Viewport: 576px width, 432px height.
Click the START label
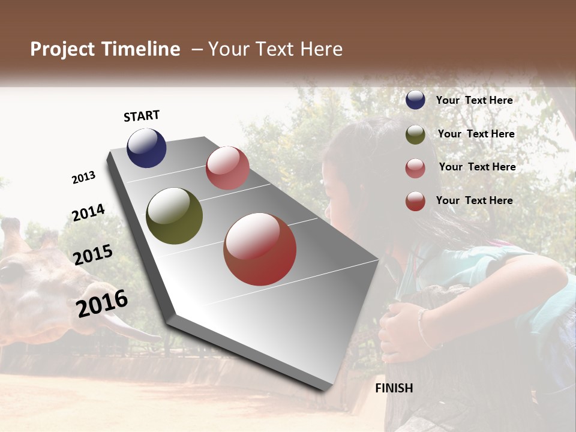[142, 116]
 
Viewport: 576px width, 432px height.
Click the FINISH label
[394, 388]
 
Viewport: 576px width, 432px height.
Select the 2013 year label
[84, 178]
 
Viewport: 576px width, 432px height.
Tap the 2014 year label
[88, 213]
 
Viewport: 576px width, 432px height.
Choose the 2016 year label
[102, 303]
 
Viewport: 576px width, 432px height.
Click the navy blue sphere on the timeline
[146, 148]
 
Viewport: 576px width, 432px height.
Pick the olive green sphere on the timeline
[174, 216]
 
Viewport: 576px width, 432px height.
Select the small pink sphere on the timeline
[227, 168]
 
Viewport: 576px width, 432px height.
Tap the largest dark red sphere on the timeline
[260, 249]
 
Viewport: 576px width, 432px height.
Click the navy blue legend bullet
[415, 100]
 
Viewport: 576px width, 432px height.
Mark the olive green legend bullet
[415, 134]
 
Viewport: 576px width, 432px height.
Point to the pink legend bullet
[415, 168]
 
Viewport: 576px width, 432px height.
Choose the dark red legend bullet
[415, 201]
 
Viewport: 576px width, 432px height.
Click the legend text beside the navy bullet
[474, 100]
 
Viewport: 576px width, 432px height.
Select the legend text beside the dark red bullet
[474, 200]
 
